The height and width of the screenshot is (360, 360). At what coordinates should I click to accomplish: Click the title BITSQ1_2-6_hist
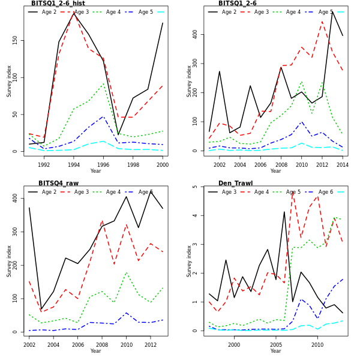pos(58,4)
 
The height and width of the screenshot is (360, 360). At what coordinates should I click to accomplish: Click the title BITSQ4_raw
pos(58,184)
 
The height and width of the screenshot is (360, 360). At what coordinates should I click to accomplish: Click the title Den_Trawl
pos(236,184)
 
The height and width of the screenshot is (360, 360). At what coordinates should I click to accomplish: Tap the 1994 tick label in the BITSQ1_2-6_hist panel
pos(74,164)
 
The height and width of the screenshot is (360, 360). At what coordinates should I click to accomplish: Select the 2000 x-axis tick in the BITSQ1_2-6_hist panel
pos(163,164)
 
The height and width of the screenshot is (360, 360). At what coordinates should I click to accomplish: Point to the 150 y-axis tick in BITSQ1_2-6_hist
pos(16,40)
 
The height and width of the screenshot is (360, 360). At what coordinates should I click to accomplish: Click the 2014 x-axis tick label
pos(342,164)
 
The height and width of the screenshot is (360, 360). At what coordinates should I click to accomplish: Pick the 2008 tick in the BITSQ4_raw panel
pos(101,344)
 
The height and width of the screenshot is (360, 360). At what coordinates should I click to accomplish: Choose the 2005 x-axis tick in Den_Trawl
pos(275,344)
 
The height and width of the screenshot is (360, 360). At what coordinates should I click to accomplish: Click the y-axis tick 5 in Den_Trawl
pos(196,187)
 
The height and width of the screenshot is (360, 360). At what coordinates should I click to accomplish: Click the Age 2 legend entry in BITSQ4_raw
pos(49,192)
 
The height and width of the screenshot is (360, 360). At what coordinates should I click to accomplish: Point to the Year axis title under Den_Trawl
pos(275,351)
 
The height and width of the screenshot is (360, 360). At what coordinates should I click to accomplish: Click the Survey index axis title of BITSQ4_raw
pos(9,260)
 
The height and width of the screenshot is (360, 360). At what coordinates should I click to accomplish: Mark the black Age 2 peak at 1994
pos(74,12)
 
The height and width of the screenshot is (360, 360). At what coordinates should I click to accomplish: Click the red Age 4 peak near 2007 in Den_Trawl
pos(293,191)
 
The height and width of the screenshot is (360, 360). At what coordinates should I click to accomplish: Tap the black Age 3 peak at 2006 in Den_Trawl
pos(284,211)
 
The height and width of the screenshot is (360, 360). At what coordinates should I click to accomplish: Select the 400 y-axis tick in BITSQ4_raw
pos(16,197)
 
